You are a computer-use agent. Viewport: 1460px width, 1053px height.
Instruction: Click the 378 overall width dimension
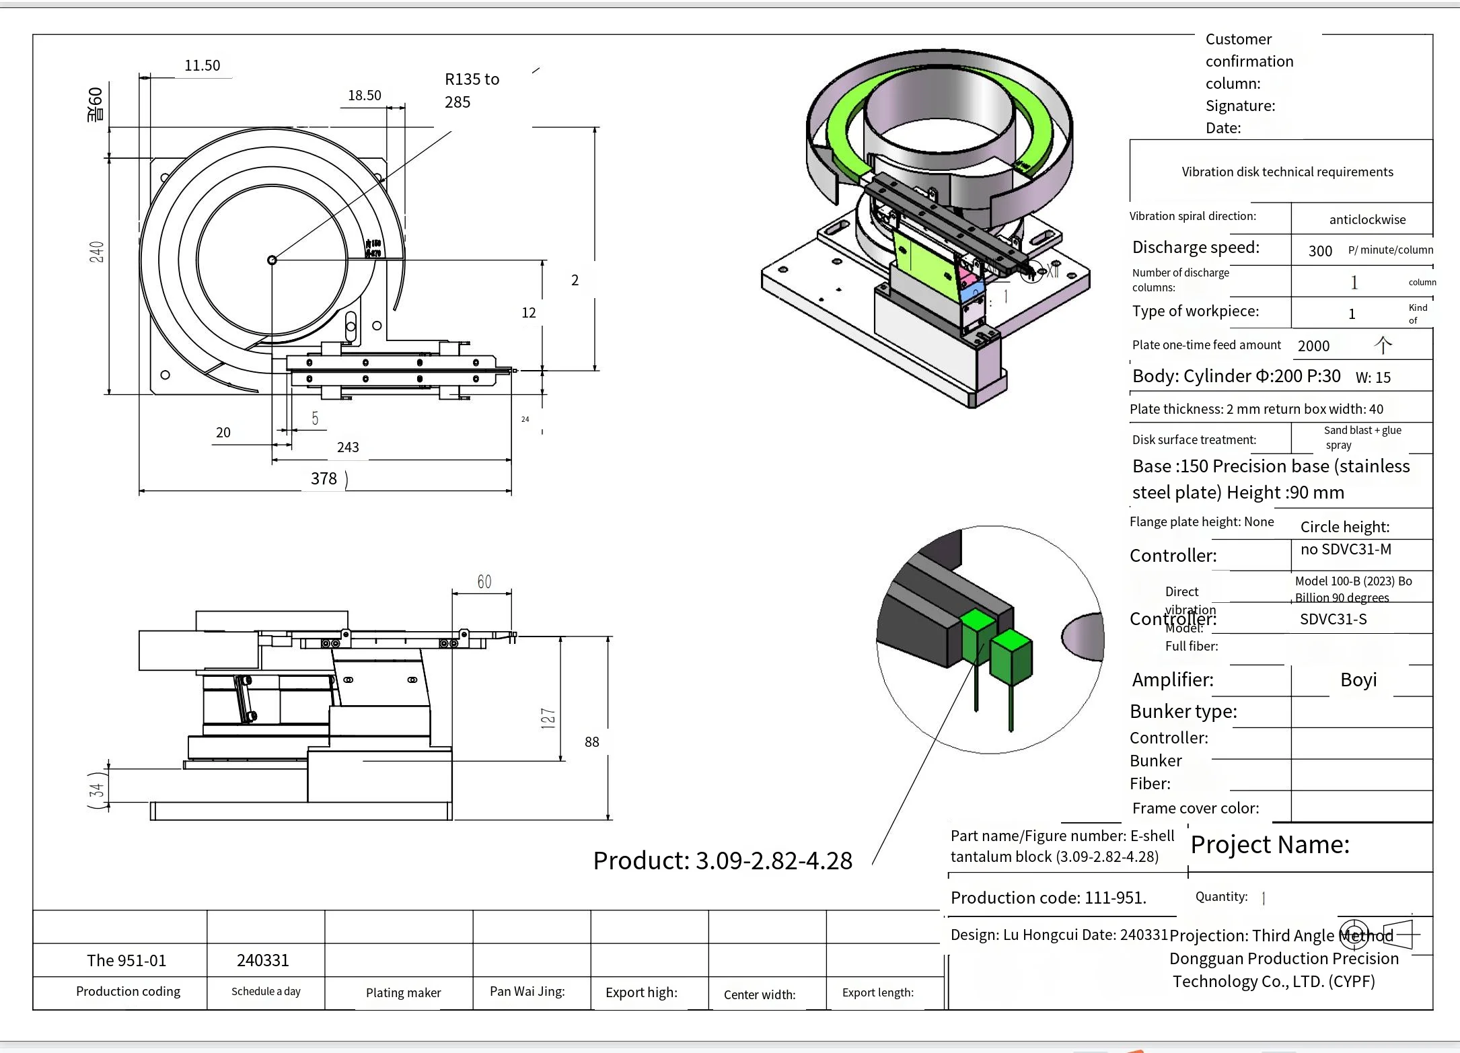(x=324, y=478)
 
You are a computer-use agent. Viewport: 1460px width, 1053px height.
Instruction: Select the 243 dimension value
(x=348, y=447)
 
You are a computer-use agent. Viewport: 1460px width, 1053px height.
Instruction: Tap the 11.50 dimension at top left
(x=202, y=65)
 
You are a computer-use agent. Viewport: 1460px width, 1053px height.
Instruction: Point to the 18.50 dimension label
(x=364, y=96)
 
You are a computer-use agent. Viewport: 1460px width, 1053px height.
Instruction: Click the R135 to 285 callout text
(x=471, y=90)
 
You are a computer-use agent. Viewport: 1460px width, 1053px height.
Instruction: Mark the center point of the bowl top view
(x=272, y=260)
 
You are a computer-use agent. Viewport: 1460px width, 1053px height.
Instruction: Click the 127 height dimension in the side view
(x=548, y=718)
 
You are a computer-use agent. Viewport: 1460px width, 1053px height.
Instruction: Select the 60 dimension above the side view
(x=484, y=581)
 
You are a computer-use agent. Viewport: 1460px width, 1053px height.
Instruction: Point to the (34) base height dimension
(x=98, y=789)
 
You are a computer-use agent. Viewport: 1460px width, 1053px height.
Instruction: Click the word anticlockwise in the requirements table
(x=1367, y=219)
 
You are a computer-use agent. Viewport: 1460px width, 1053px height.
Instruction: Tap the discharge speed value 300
(x=1320, y=251)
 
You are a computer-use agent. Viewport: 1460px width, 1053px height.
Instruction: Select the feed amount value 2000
(x=1313, y=346)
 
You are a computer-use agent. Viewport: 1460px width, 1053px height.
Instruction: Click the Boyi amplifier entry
(x=1358, y=680)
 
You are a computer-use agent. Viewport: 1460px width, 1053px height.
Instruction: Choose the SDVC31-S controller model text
(x=1333, y=619)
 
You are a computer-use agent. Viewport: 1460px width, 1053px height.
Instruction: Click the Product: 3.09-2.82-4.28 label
(x=723, y=861)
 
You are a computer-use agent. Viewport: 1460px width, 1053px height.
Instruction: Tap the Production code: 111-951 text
(x=1048, y=898)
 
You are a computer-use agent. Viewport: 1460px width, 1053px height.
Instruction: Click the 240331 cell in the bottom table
(x=262, y=960)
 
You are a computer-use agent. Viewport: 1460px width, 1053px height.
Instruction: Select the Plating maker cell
(x=403, y=992)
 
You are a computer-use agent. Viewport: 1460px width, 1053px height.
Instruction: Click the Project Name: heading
(x=1270, y=844)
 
